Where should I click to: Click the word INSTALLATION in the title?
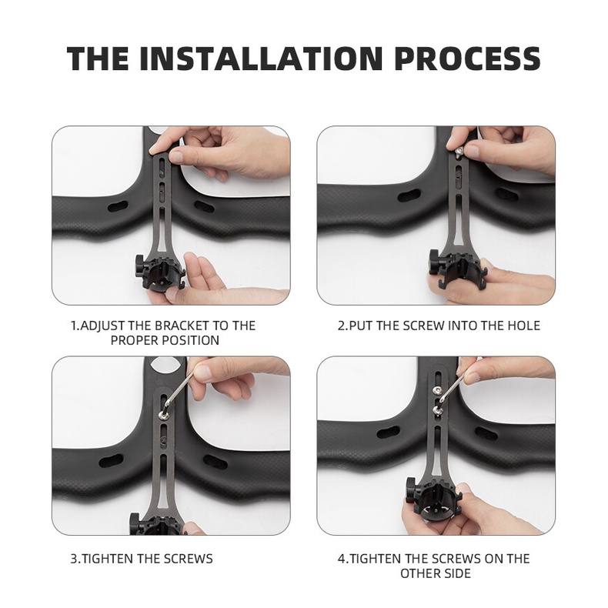pos(261,58)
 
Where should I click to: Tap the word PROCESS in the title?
pos(467,58)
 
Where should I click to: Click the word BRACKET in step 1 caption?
pos(182,326)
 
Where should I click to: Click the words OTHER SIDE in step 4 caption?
pos(436,573)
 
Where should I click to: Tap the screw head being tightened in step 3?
pos(163,416)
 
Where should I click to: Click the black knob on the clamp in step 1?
pos(139,268)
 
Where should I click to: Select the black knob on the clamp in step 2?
pos(433,262)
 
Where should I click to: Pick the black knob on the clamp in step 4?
pos(410,489)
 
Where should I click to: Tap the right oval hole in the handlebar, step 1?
pos(204,206)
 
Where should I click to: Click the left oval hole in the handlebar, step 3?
pos(111,461)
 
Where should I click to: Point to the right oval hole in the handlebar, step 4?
pos(486,433)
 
